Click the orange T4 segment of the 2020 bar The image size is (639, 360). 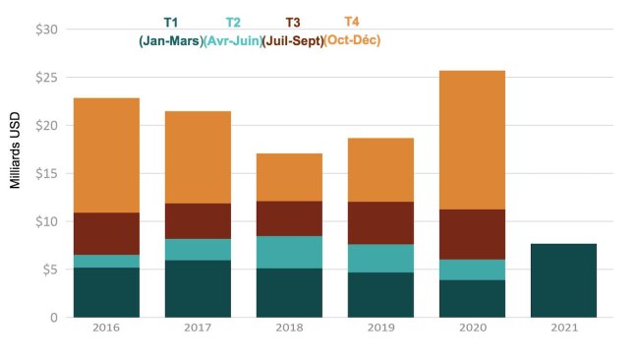[471, 140]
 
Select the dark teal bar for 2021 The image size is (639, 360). [562, 280]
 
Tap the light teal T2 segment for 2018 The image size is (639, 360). [289, 252]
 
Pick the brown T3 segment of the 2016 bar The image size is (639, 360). [106, 233]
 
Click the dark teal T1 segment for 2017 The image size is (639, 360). [198, 288]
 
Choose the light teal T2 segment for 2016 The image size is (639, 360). [106, 261]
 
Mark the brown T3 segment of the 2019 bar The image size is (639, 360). [379, 222]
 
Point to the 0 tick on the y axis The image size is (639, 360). [55, 318]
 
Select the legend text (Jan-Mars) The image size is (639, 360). [170, 41]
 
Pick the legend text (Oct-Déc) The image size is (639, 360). [352, 40]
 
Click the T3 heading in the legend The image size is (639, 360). [293, 23]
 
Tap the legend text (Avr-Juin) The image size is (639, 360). [232, 41]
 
